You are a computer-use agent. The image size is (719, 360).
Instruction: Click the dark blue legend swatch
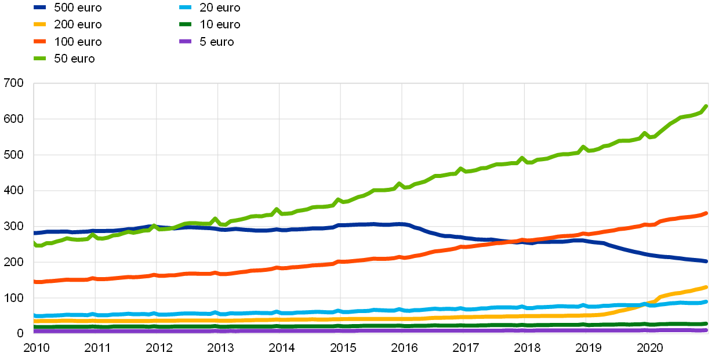(x=39, y=8)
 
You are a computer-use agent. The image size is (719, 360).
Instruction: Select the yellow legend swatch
(x=39, y=24)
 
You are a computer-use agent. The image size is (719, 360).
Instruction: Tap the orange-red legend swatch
(x=39, y=41)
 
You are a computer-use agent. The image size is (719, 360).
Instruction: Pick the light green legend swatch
(x=39, y=58)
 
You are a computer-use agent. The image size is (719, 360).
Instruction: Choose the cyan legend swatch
(x=185, y=8)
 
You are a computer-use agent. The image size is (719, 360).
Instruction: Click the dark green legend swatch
(x=185, y=24)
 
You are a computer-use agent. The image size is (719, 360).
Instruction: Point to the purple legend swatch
(x=185, y=41)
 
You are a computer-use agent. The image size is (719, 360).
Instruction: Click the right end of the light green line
(x=707, y=106)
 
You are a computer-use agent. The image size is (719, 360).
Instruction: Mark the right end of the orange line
(x=707, y=213)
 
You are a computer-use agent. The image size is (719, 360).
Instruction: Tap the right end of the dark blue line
(x=707, y=261)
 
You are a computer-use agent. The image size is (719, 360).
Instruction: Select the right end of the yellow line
(x=707, y=287)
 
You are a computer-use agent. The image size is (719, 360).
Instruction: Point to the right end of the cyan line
(x=707, y=301)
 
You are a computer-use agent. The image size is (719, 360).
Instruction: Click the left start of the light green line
(x=35, y=244)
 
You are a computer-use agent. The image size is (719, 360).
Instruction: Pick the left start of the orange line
(x=35, y=282)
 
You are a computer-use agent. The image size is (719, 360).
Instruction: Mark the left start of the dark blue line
(x=35, y=233)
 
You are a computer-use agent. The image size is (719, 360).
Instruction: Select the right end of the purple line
(x=707, y=330)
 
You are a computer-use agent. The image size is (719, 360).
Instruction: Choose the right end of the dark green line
(x=707, y=323)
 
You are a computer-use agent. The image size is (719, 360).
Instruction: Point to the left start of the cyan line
(x=35, y=316)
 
